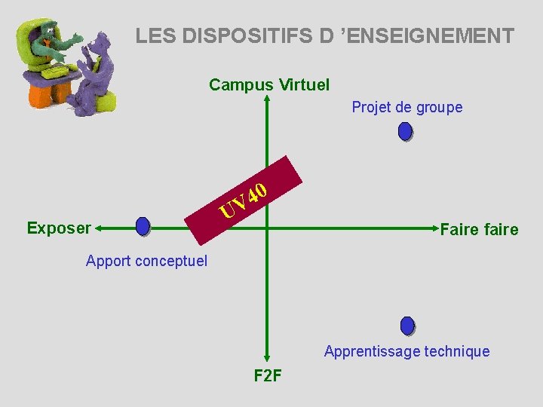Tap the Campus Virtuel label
(269, 84)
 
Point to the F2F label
(268, 375)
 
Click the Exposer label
(59, 227)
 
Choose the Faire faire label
(479, 229)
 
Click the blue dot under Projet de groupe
(405, 132)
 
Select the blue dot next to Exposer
(143, 226)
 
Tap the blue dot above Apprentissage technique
(407, 326)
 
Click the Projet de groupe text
(406, 107)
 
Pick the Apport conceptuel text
(146, 262)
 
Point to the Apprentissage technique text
(406, 351)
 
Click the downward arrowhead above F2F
(268, 359)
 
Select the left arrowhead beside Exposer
(100, 226)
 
